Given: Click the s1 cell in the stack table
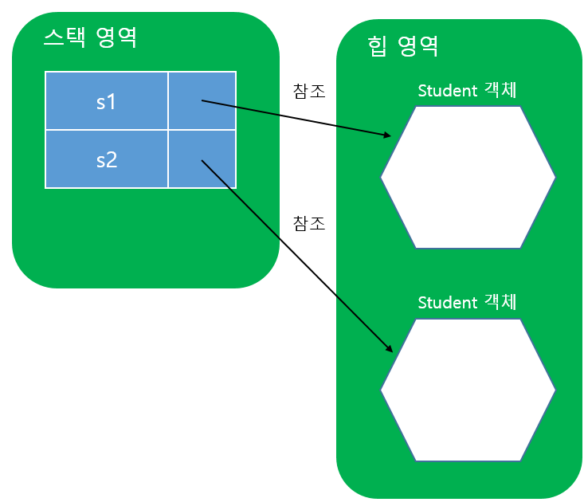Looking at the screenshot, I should (106, 101).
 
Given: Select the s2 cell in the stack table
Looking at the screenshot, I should (106, 159).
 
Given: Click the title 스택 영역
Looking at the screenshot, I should (90, 37).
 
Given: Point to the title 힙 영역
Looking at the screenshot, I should (403, 45).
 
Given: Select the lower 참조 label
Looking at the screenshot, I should (309, 223).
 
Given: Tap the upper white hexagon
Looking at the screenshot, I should (468, 177).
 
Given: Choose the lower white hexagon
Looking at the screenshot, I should (468, 390).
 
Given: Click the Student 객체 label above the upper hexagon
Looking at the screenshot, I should (468, 90).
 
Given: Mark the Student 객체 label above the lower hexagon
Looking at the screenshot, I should (468, 303).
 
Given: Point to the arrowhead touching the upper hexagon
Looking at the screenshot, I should (388, 135).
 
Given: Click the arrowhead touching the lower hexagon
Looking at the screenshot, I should (390, 347).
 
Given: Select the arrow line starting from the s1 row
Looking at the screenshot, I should (295, 118).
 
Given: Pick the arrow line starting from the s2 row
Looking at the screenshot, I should (295, 253).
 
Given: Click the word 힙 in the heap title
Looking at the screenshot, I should (376, 45).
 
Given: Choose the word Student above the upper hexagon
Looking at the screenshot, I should (447, 90).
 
